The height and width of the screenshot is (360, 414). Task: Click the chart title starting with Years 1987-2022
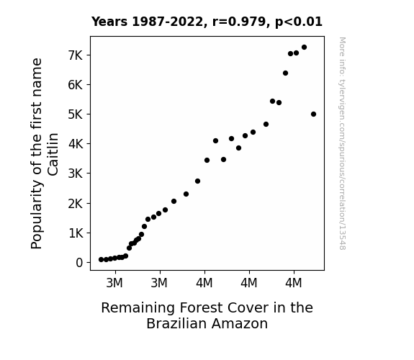pos(207,22)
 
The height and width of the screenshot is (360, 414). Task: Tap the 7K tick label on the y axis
pos(76,55)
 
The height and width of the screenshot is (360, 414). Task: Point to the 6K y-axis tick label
pos(76,85)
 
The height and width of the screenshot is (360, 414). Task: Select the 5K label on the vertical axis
pos(76,114)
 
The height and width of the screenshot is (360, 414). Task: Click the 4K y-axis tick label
pos(76,144)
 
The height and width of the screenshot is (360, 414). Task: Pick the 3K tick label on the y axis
pos(76,174)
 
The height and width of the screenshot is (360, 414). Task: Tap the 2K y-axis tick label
pos(76,204)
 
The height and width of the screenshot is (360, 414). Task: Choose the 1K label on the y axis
pos(76,233)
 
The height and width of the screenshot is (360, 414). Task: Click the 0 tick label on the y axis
pos(79,263)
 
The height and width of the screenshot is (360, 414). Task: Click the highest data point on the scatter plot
pos(304,48)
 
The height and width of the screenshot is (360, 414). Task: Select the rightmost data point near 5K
pos(313,114)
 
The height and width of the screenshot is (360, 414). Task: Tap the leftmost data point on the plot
pos(101,260)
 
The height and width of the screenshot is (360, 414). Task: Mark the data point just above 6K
pos(285,73)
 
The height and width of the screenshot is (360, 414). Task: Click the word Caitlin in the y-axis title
pos(53,154)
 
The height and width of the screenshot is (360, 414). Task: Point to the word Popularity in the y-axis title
pos(37,215)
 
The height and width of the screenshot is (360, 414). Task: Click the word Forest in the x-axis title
pos(201,307)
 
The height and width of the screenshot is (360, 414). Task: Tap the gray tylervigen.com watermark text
pos(342,143)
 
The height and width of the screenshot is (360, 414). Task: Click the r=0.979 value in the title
pos(239,22)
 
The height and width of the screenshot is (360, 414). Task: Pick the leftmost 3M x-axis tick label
pos(114,283)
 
